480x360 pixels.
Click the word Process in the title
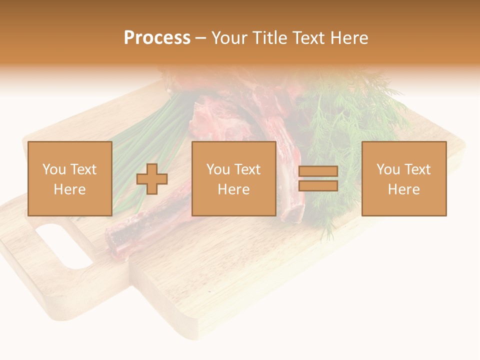point(157,38)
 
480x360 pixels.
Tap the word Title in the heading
point(270,38)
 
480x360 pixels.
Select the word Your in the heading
point(228,38)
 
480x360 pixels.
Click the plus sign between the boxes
point(152,179)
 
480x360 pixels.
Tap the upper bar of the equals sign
point(318,171)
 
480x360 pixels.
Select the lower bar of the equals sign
point(318,185)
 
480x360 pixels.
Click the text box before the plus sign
point(70,178)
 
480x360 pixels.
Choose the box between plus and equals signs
point(234,178)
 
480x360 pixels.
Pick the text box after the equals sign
point(404,178)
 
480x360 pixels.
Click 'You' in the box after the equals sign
point(387,169)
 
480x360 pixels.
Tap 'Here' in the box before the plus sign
point(70,189)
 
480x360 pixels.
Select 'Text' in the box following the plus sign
point(247,169)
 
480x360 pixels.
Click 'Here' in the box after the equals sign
point(404,189)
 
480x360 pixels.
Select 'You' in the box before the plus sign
point(54,169)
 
